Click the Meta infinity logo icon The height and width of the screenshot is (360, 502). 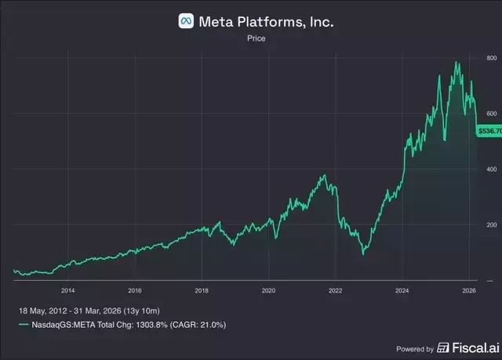point(187,21)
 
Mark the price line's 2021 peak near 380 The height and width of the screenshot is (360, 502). point(325,175)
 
